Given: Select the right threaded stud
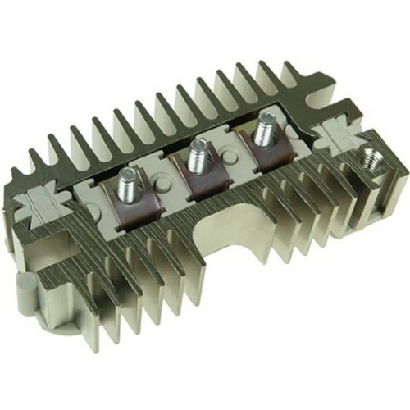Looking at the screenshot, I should pos(264,128).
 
